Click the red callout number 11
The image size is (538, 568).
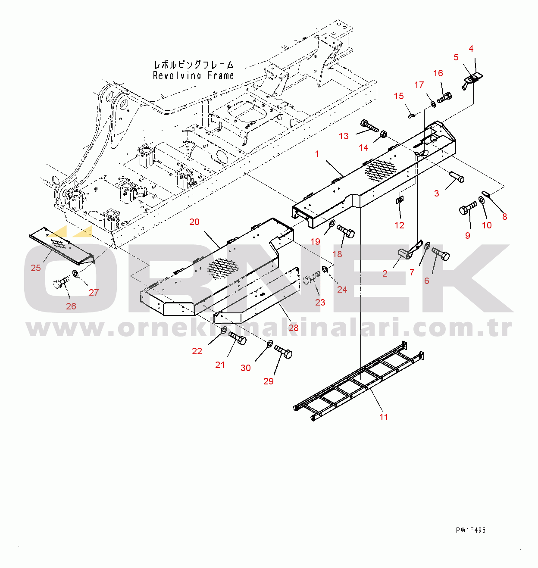pyautogui.click(x=384, y=417)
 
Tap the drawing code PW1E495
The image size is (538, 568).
pyautogui.click(x=471, y=530)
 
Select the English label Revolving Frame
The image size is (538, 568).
pyautogui.click(x=193, y=76)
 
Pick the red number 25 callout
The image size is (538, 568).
pyautogui.click(x=35, y=268)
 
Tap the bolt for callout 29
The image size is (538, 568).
pyautogui.click(x=283, y=352)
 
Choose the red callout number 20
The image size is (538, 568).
pyautogui.click(x=194, y=222)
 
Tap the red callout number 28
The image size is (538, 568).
pyautogui.click(x=294, y=328)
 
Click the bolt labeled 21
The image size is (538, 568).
pyautogui.click(x=238, y=338)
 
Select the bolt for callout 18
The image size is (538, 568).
pyautogui.click(x=346, y=231)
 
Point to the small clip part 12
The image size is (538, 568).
pyautogui.click(x=399, y=200)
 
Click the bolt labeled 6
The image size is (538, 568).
pyautogui.click(x=441, y=254)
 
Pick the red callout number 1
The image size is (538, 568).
pyautogui.click(x=317, y=154)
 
